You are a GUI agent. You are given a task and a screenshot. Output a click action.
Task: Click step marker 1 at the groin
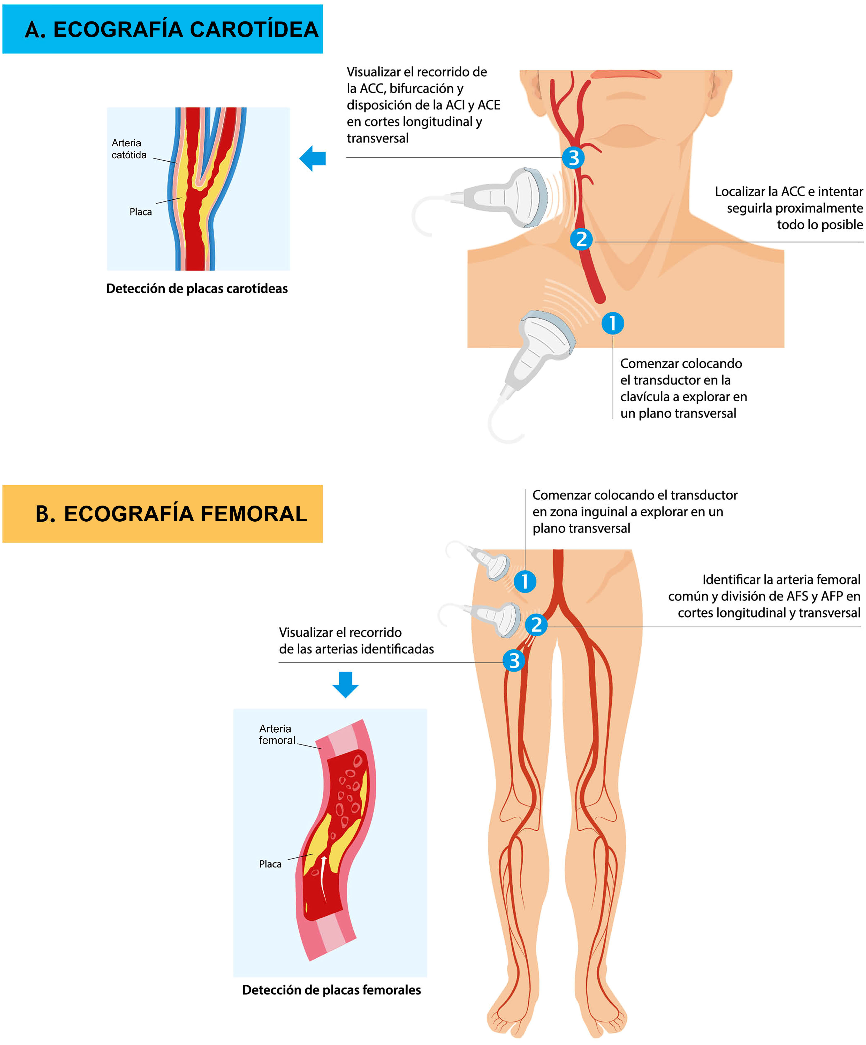click(x=525, y=581)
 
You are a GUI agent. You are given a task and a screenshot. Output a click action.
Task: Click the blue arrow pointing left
click(x=313, y=158)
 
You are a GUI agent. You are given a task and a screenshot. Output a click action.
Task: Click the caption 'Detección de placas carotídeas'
click(x=197, y=289)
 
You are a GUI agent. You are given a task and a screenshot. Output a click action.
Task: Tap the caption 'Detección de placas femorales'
click(x=331, y=990)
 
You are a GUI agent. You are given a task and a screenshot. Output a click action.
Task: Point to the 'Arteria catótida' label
click(x=129, y=149)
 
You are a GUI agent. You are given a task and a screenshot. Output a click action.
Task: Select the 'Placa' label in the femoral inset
click(x=270, y=864)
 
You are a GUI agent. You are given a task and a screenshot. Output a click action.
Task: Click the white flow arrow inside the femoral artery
click(x=323, y=878)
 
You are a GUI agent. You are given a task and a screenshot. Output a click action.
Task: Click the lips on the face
click(x=626, y=74)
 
